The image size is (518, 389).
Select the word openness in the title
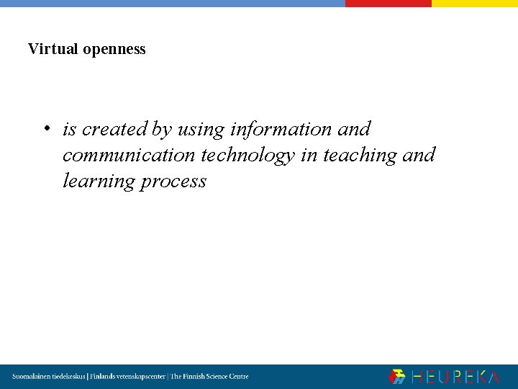(114, 50)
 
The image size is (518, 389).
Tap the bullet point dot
(45, 130)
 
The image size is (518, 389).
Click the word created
(115, 129)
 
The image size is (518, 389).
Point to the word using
(201, 130)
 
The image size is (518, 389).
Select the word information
(281, 129)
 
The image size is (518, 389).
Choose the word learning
(99, 182)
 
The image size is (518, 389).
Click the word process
(173, 182)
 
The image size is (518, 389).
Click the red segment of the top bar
(388, 3)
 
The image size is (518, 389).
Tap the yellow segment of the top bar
(474, 3)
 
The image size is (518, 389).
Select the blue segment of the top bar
(173, 3)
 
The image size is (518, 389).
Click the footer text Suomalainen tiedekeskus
(49, 376)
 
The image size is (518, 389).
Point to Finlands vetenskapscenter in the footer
(127, 376)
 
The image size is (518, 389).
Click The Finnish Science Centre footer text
(209, 376)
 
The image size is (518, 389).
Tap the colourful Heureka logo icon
(397, 376)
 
